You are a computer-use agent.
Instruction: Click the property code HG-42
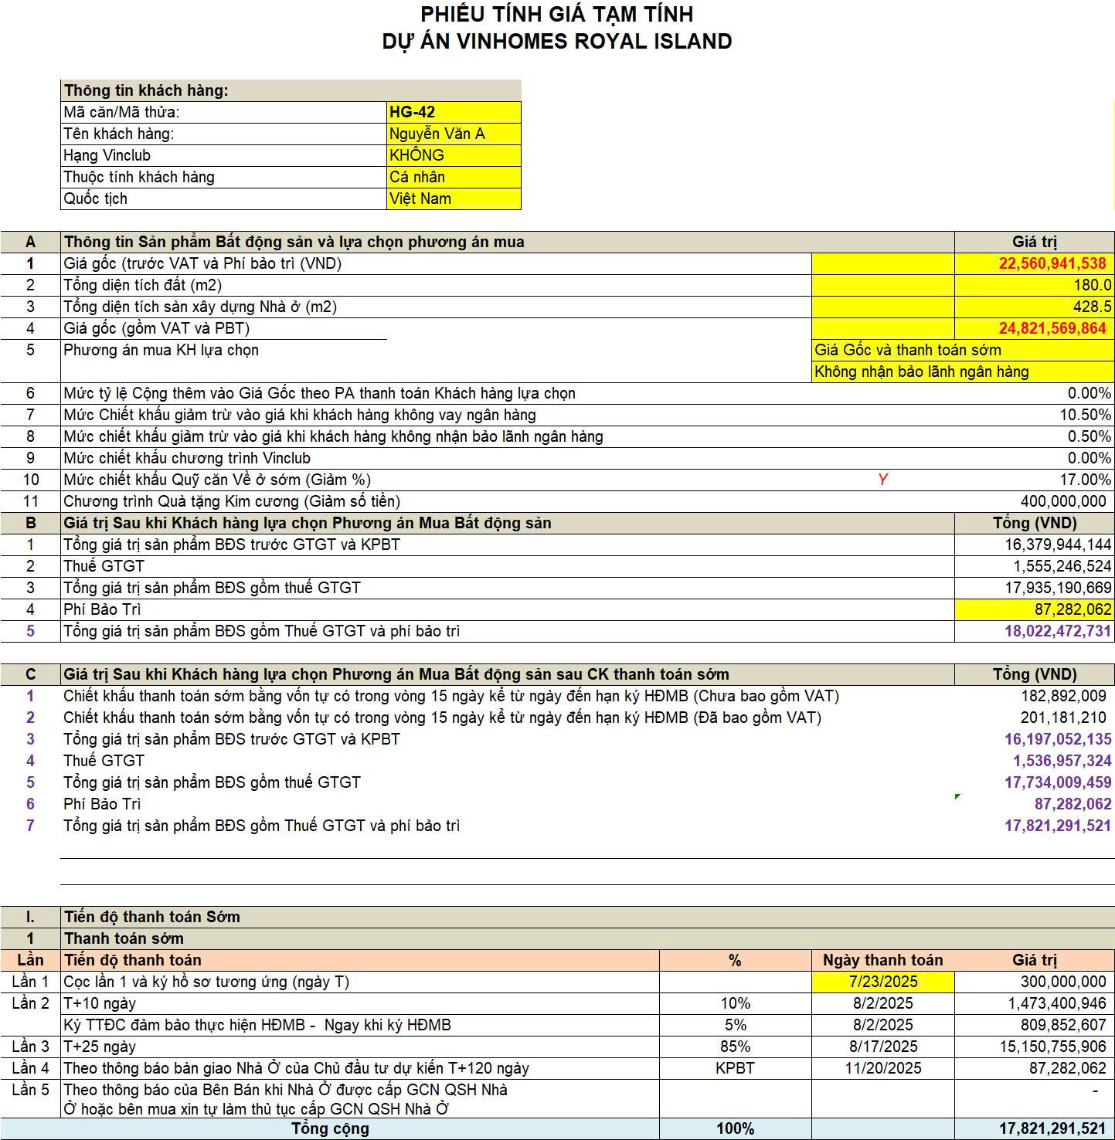coord(413,112)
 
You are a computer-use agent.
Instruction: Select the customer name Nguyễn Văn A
coord(437,134)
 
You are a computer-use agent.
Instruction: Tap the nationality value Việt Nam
coord(420,198)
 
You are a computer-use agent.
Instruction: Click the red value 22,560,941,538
coord(1052,263)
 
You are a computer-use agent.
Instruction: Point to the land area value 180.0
coord(1092,285)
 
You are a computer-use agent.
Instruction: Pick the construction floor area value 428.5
coord(1092,307)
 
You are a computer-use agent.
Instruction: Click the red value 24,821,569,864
coord(1052,328)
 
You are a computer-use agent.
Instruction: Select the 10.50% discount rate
coord(1085,415)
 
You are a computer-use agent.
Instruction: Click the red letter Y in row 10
coord(883,480)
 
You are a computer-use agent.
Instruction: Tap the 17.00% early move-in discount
coord(1085,480)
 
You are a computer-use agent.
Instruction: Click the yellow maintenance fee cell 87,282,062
coord(1073,609)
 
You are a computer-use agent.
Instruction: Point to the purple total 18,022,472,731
coord(1057,631)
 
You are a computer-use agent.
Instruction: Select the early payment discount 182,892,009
coord(1063,696)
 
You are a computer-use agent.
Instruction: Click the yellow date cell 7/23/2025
coord(883,982)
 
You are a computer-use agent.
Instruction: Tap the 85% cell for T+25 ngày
coord(735,1047)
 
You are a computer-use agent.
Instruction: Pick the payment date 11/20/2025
coord(883,1068)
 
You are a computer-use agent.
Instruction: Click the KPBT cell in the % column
coord(735,1068)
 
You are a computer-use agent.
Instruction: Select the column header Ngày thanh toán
coord(882,960)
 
